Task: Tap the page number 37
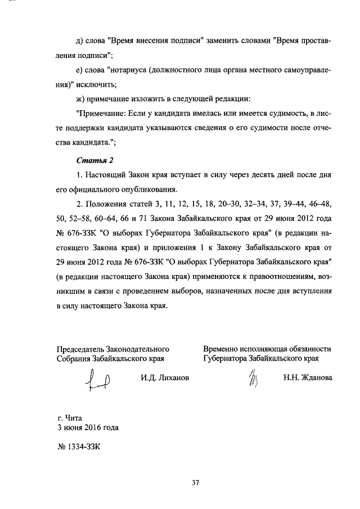(x=195, y=482)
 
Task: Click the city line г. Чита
(x=70, y=418)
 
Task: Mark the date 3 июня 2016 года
(x=88, y=427)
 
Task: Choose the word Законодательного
(x=138, y=349)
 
